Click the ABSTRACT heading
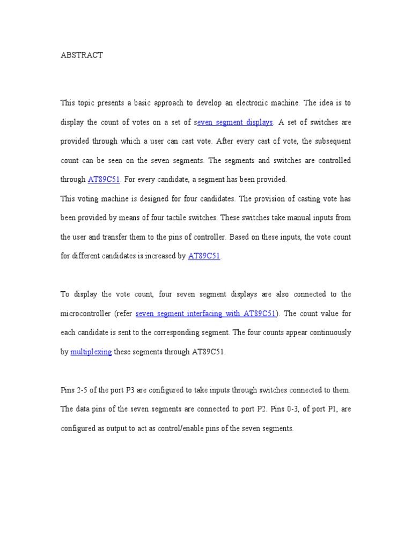[x=82, y=55]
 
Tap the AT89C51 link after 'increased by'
[x=204, y=256]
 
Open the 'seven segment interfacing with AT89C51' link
[x=205, y=314]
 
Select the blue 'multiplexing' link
[x=91, y=352]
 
